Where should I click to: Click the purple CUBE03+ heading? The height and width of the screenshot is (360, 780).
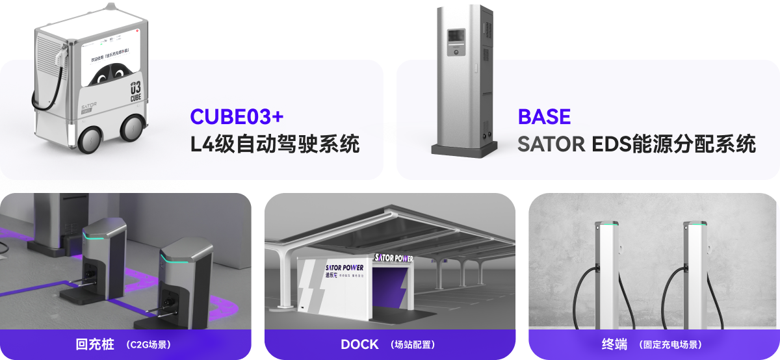[237, 116]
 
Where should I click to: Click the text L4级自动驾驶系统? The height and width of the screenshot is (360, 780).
[275, 144]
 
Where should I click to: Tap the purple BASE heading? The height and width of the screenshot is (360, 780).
[544, 116]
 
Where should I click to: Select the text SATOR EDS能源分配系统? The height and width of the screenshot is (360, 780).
[636, 144]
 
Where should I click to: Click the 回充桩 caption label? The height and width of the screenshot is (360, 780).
[90, 344]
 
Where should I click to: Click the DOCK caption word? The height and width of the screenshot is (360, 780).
[359, 344]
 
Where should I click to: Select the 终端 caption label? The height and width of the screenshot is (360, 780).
[615, 344]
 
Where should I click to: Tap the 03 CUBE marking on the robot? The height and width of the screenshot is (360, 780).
[135, 90]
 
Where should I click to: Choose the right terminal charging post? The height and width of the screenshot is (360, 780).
[694, 273]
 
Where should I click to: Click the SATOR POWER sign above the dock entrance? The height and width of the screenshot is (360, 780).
[394, 258]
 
